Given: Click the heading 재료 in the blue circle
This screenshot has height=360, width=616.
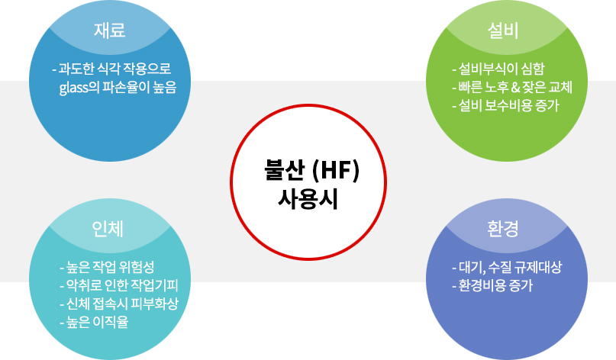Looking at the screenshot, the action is click(x=110, y=31).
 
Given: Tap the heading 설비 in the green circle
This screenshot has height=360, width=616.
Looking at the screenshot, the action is click(x=503, y=31).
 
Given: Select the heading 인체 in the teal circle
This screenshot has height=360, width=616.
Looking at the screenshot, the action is click(x=108, y=229).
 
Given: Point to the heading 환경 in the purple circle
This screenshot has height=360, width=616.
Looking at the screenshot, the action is click(x=503, y=229).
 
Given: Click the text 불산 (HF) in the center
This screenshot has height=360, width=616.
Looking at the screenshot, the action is click(x=312, y=170).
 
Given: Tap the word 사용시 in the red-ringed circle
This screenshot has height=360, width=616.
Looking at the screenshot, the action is click(x=308, y=199).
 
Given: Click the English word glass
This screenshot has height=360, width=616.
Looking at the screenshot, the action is click(x=73, y=88).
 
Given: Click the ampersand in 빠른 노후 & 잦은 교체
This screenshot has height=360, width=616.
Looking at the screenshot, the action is click(x=515, y=88).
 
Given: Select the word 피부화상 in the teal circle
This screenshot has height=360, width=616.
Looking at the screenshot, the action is click(x=155, y=304).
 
